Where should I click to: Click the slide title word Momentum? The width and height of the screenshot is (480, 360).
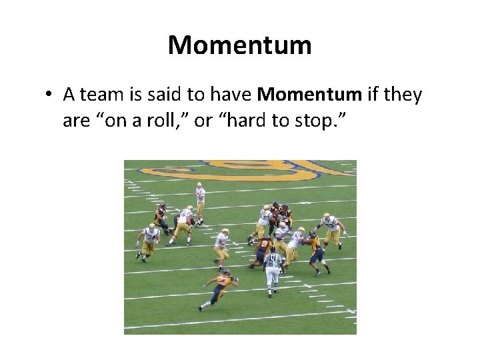[x=240, y=45]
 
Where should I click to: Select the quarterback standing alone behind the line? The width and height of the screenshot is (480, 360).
[x=199, y=201]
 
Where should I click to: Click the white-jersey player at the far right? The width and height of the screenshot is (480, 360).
[x=330, y=230]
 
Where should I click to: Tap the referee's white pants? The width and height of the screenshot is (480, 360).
[x=272, y=281]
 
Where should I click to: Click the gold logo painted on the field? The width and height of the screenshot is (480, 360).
[x=240, y=170]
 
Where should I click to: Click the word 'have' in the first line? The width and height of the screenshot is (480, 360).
[x=227, y=95]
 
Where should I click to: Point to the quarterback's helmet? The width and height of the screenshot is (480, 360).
[x=199, y=185]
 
